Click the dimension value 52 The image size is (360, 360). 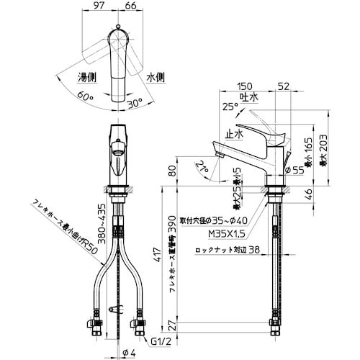click(x=284, y=85)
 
